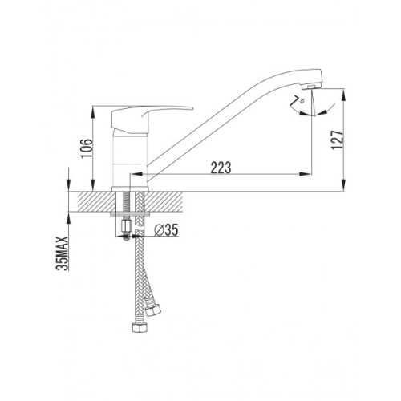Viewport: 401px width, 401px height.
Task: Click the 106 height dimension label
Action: point(87,148)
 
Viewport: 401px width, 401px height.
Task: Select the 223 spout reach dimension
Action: point(221,168)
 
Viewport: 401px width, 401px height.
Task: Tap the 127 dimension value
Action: point(337,140)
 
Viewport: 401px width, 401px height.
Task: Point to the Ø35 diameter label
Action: point(166,230)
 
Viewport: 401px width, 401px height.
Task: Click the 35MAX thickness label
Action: point(63,253)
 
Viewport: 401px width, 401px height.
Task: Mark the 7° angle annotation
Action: point(298,102)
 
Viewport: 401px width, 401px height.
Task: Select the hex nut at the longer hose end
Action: point(140,327)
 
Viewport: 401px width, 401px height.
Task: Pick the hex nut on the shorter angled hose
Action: point(153,309)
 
